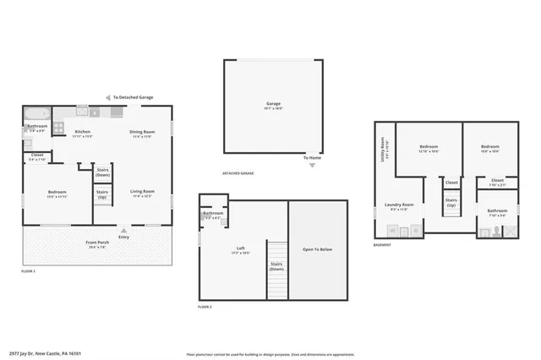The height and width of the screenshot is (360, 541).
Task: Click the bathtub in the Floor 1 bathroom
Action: pos(37,112)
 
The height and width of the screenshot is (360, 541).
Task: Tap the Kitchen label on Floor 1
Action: pos(82,132)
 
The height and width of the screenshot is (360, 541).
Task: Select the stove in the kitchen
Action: pos(59,128)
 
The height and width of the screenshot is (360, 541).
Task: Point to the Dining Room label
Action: pos(141,132)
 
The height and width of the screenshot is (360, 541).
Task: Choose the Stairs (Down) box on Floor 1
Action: pos(103,172)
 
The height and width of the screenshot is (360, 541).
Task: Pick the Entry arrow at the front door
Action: pos(124,230)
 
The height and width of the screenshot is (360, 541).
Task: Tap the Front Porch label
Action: pos(97,243)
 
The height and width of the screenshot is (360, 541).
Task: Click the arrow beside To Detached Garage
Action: pos(107,98)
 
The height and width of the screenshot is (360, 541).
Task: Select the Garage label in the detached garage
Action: pos(273,104)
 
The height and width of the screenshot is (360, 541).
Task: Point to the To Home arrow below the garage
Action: pos(313,165)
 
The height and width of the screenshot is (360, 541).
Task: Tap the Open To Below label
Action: pos(318,249)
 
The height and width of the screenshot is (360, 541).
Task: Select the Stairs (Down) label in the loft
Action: pos(277,265)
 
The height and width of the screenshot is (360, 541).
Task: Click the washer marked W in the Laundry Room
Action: pos(392,230)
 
